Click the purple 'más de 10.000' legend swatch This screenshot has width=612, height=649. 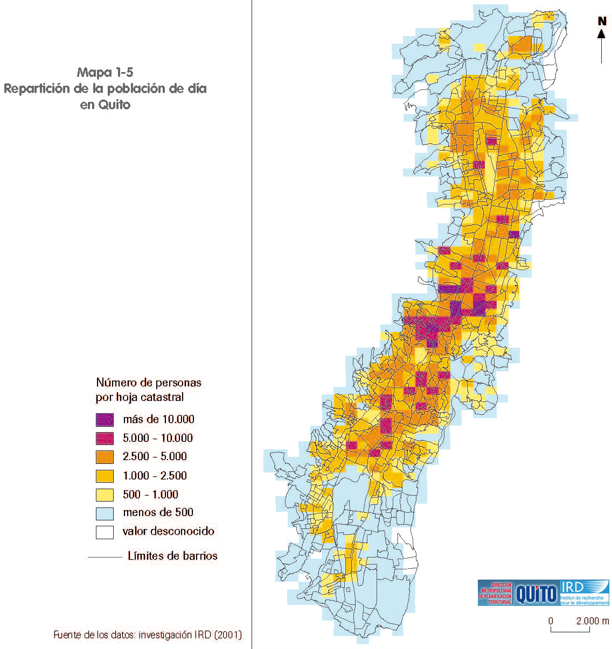[x=105, y=420]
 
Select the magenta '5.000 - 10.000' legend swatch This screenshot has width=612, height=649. [x=105, y=439]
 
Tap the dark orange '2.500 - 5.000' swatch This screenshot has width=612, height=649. [x=105, y=457]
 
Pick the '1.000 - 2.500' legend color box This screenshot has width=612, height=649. [x=105, y=476]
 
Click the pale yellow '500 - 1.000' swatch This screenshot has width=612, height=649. [x=105, y=495]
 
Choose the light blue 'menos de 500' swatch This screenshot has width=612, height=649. [x=105, y=513]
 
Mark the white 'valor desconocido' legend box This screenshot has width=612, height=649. [x=105, y=532]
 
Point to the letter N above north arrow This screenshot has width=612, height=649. [x=602, y=22]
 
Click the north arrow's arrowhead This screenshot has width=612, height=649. [x=601, y=34]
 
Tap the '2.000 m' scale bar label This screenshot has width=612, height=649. [x=592, y=620]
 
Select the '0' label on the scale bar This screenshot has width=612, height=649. [x=551, y=620]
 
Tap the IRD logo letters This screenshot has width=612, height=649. [x=573, y=587]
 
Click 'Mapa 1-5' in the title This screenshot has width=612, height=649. [x=105, y=72]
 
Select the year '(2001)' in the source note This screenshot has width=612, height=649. [x=228, y=635]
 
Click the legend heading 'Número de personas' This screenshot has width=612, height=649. [x=149, y=383]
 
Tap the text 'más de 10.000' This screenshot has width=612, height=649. [x=158, y=419]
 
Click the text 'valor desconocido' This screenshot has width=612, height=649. [x=168, y=531]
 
